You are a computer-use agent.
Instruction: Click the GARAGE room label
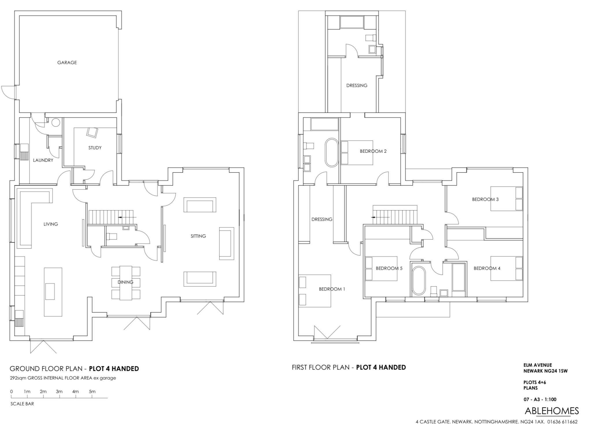tap(67, 63)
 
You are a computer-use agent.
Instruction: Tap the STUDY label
tap(95, 148)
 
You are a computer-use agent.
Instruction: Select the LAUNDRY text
tap(43, 160)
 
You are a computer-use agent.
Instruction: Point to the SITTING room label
tap(198, 236)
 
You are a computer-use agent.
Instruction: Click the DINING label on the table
tap(125, 282)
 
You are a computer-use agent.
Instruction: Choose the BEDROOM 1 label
tap(332, 289)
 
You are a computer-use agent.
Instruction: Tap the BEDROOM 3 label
tap(485, 199)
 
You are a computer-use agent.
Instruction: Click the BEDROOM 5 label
tap(389, 268)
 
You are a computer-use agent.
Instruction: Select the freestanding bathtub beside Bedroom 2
tap(332, 153)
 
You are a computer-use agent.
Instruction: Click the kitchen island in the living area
tap(53, 292)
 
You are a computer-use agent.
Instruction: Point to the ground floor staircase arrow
tap(127, 217)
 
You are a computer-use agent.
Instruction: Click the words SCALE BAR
tap(22, 404)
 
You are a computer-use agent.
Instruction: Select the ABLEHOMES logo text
tap(552, 411)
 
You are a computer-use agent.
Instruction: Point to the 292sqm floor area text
tap(63, 378)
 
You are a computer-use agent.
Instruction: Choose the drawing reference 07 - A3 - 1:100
tap(540, 399)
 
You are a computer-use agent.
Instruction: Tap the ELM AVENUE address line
tap(538, 365)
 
